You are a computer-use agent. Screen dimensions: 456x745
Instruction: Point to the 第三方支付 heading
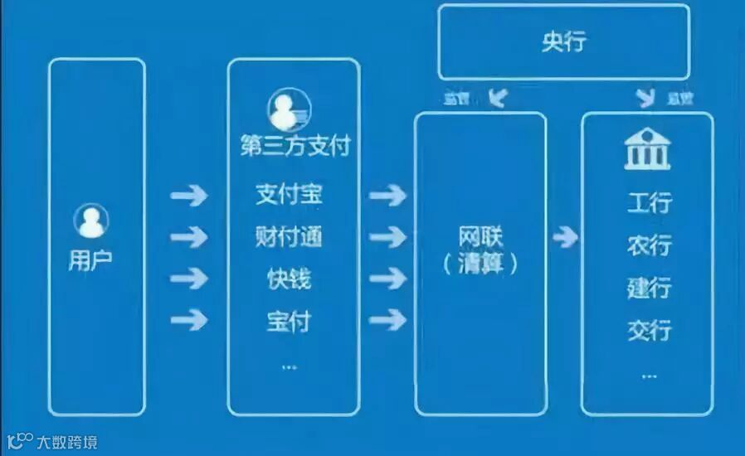click(x=295, y=147)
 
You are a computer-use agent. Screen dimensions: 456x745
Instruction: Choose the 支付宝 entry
click(x=289, y=196)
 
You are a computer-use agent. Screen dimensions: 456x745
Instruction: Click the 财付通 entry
click(x=289, y=237)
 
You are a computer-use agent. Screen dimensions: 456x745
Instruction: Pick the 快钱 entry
click(x=289, y=279)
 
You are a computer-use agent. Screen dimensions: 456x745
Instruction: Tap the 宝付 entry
click(x=289, y=320)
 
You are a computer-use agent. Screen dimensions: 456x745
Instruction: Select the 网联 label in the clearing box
click(x=481, y=235)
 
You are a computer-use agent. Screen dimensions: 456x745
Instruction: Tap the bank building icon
click(x=647, y=149)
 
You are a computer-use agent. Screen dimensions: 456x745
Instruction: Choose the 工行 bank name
click(x=649, y=202)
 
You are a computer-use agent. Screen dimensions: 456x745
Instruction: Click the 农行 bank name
click(x=649, y=245)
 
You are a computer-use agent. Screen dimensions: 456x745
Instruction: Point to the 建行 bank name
click(x=649, y=289)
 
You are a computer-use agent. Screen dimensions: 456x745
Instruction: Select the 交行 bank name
click(x=649, y=331)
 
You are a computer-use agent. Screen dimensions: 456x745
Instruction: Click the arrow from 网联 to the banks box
click(x=565, y=238)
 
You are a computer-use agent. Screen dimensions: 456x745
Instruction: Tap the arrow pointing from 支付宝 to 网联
click(x=387, y=196)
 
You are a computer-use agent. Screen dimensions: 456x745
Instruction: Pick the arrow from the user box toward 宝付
click(x=188, y=319)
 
